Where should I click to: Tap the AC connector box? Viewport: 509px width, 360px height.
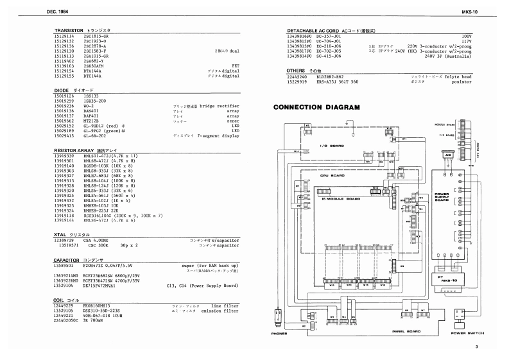tap(447, 155)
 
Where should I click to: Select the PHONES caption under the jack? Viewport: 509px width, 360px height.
tap(278, 334)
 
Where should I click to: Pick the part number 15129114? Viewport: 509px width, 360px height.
tap(66, 37)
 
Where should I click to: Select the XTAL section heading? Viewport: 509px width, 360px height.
tap(67, 235)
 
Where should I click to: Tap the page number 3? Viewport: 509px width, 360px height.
tap(477, 347)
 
